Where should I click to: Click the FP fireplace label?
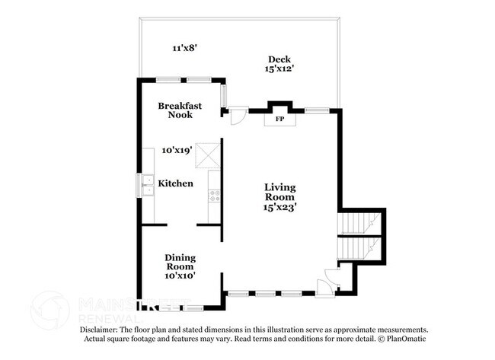[x=279, y=119]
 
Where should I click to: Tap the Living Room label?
[x=280, y=192]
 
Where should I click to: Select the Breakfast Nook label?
[x=180, y=110]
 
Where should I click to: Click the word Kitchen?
[x=175, y=183]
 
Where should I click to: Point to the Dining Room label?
[x=180, y=262]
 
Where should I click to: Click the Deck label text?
[x=279, y=59]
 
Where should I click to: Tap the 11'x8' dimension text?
[x=184, y=48]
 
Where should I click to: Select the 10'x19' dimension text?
[x=177, y=151]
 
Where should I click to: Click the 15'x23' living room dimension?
[x=280, y=205]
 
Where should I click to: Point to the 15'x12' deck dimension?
[x=279, y=68]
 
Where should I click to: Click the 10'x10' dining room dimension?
[x=180, y=276]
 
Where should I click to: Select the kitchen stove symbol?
[x=214, y=196]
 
